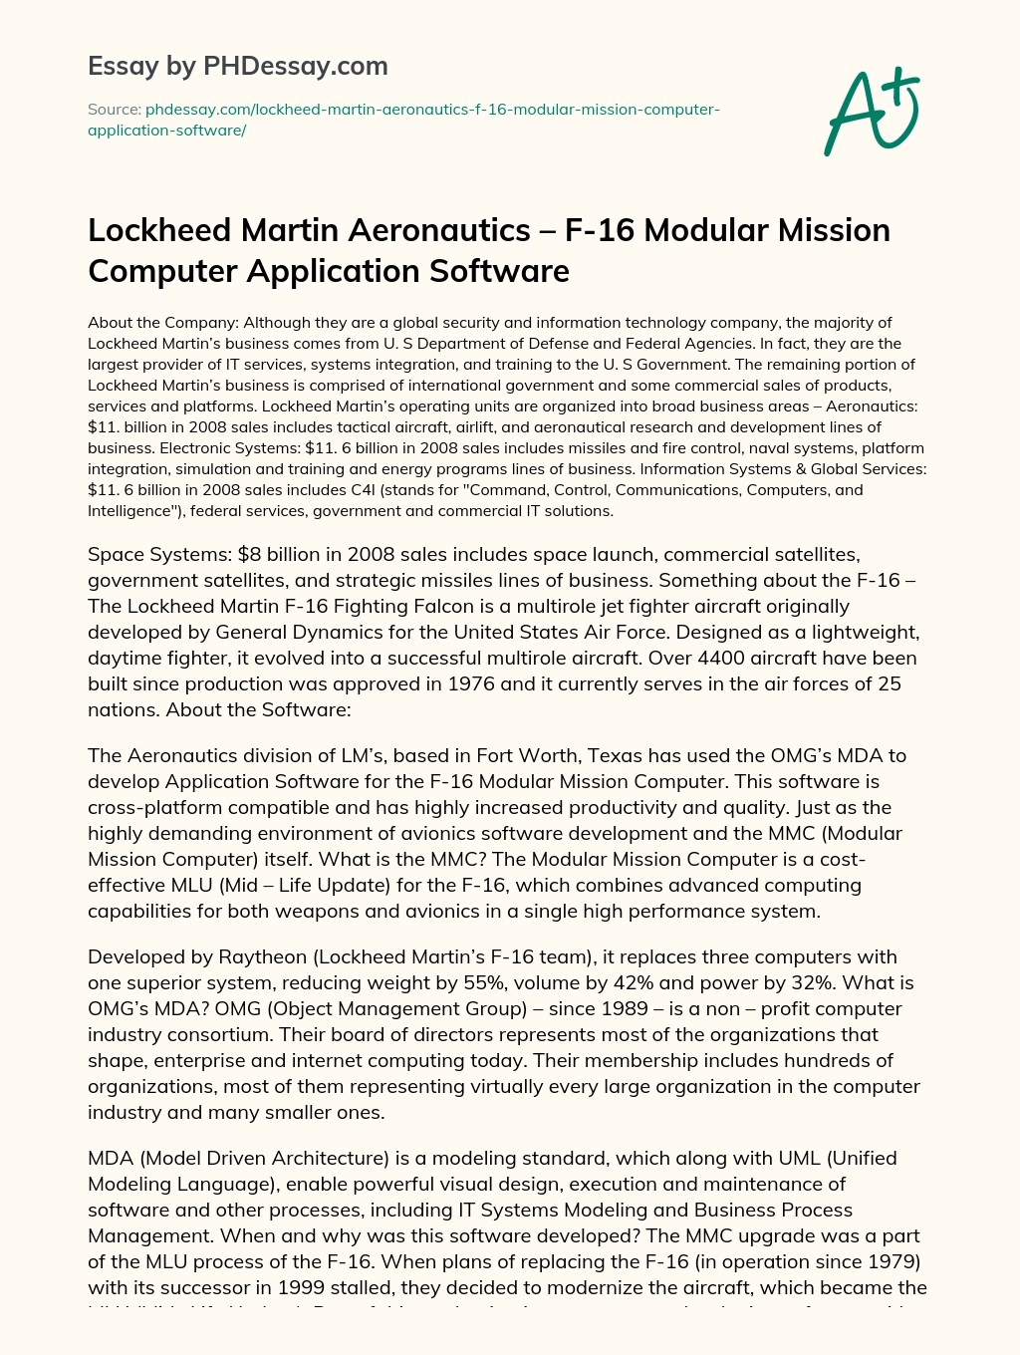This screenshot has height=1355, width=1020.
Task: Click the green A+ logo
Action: [872, 112]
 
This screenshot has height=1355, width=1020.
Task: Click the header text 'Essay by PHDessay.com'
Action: [237, 67]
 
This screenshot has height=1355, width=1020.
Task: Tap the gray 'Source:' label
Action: [114, 110]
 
